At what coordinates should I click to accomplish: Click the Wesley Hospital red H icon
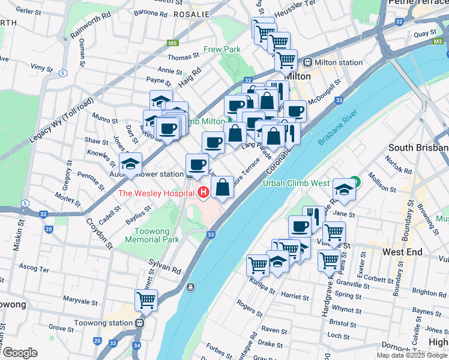click(x=203, y=193)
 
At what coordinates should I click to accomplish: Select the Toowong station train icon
click(x=139, y=323)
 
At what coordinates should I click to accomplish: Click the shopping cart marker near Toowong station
click(x=146, y=299)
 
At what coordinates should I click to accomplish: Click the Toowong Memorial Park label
click(x=152, y=235)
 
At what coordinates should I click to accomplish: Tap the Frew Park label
click(x=222, y=49)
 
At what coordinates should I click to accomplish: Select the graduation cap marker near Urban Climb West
click(x=343, y=189)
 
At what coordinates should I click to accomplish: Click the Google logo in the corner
click(x=20, y=353)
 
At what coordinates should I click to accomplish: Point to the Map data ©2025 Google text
click(x=412, y=355)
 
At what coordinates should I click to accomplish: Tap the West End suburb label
click(x=403, y=252)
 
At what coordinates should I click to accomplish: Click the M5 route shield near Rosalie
click(x=173, y=43)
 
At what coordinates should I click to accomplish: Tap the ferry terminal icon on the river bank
click(x=191, y=286)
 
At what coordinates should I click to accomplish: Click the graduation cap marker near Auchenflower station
click(x=130, y=163)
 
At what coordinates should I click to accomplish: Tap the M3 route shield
click(x=436, y=41)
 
